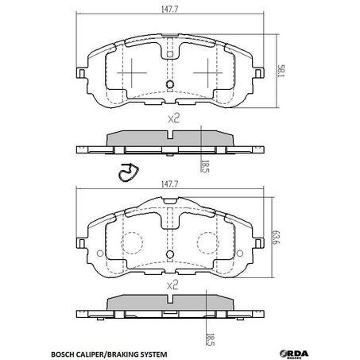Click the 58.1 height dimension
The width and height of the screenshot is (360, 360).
coord(281,71)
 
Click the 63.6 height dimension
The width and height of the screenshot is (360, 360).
coord(276,237)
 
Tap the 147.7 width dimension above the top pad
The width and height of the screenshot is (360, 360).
coord(170,10)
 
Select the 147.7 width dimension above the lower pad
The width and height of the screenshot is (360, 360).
coord(170,184)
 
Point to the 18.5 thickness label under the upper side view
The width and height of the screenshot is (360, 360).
coord(205,166)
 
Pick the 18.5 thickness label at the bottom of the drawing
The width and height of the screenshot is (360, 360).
coord(210,339)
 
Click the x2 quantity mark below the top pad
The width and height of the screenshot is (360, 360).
coord(174,118)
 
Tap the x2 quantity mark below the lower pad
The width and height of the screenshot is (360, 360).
coord(172,285)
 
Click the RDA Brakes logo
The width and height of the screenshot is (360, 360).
coord(294,354)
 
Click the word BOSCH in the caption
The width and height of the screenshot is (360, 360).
coord(62,354)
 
